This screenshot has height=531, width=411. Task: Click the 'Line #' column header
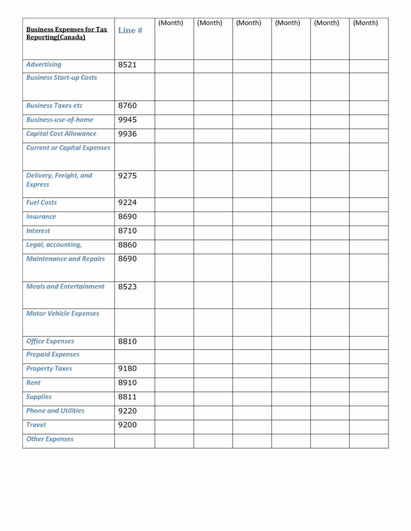click(x=130, y=31)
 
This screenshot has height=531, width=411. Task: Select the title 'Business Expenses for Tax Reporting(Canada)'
click(x=67, y=33)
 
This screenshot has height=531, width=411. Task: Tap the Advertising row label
click(x=44, y=65)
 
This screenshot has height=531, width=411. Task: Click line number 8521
click(x=127, y=65)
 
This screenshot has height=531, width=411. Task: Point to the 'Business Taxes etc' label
click(x=54, y=106)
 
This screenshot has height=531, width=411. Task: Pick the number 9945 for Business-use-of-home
click(x=127, y=120)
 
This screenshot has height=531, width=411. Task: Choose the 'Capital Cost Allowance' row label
click(x=61, y=134)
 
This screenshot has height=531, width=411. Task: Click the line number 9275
click(x=127, y=176)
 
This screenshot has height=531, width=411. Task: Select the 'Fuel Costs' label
click(x=42, y=203)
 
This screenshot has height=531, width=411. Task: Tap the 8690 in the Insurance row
click(x=127, y=217)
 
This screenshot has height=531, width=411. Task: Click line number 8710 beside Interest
click(x=127, y=231)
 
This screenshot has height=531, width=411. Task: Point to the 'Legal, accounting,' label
click(x=54, y=245)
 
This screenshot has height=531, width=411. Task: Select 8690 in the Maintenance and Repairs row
click(x=127, y=259)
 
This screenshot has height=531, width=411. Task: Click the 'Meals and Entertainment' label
click(x=65, y=286)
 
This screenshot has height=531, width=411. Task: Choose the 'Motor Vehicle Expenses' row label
click(x=63, y=314)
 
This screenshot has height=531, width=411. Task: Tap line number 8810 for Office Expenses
click(x=127, y=342)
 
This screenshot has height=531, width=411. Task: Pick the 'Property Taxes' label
click(x=49, y=369)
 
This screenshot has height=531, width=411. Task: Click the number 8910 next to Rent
click(x=127, y=383)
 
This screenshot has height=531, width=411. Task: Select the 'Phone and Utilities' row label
click(x=55, y=411)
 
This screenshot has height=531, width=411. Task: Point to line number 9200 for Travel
click(x=127, y=425)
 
